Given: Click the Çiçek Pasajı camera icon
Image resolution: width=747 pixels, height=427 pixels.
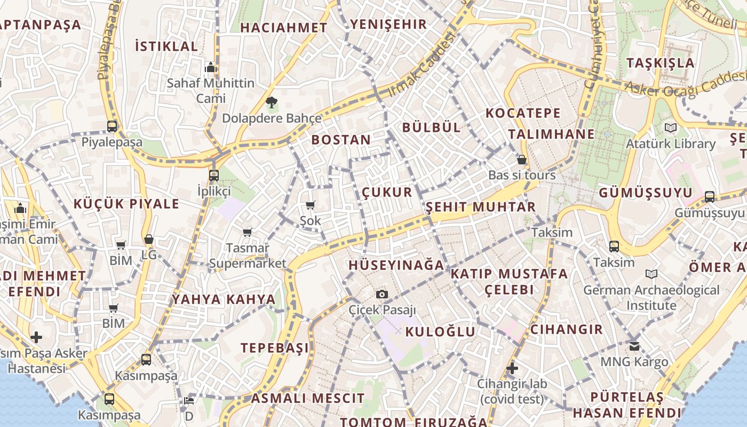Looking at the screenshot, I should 382,294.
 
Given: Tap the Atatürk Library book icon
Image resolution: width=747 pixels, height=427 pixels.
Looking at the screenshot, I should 670,128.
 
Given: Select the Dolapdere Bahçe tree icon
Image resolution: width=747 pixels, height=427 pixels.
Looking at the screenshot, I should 271,102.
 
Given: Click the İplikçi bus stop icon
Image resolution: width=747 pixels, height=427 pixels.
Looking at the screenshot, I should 214,175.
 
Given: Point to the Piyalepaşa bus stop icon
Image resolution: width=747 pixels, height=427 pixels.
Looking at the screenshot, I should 112,126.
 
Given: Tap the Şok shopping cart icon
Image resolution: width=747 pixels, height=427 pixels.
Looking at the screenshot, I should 311,205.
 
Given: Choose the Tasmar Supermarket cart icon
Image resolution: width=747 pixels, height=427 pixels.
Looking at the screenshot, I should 247,232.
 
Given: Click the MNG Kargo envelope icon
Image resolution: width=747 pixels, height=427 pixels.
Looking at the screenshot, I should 634,346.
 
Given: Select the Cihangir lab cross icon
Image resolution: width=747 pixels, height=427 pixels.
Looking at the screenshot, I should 512,368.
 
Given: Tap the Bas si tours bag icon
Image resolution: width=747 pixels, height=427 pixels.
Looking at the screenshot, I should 522,160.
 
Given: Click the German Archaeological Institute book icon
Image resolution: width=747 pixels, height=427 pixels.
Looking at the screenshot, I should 651,274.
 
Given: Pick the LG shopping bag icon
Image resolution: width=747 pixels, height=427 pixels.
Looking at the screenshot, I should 149,239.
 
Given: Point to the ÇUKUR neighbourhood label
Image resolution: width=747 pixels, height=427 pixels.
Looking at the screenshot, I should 387,192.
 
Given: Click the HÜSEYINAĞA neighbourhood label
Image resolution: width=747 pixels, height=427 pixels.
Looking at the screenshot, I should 396,265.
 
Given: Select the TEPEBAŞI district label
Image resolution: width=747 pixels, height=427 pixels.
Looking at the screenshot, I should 275,348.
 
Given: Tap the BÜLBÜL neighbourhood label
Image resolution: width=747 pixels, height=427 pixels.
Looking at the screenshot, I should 431,127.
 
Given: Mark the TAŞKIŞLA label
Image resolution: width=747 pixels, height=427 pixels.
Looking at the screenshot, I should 661,62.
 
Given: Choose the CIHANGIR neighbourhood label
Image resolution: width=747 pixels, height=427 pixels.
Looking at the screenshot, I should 567,329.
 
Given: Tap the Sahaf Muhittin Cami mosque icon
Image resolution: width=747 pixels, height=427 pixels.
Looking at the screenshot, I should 211,67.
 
